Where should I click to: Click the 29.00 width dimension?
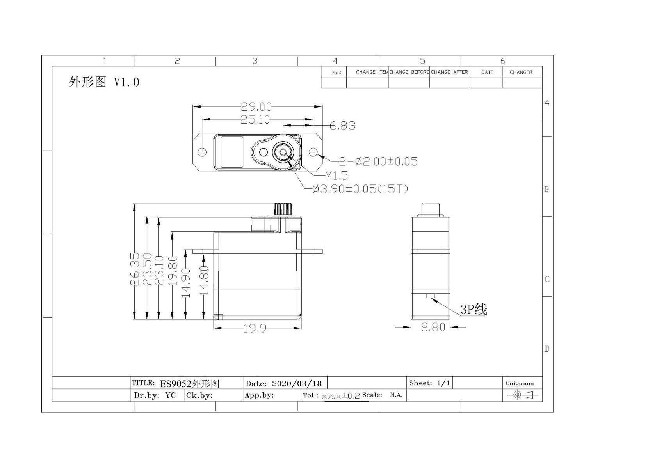(x=256, y=106)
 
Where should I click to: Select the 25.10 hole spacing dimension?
(x=255, y=120)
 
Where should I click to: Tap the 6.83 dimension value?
(x=342, y=126)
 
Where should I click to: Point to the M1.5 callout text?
(x=336, y=175)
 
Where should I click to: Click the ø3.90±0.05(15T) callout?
(x=360, y=189)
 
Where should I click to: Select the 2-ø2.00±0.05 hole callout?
(x=378, y=161)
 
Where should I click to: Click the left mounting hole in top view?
(x=202, y=152)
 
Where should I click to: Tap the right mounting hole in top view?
(x=314, y=152)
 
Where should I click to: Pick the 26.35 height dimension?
(x=135, y=269)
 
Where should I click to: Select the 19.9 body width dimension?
(x=255, y=329)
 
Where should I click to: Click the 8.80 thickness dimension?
(x=433, y=327)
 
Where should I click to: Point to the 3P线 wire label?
(x=474, y=310)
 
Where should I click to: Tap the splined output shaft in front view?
(x=283, y=209)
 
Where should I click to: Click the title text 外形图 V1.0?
(x=104, y=82)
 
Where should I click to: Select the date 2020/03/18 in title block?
(x=297, y=383)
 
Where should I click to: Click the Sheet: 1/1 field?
(x=429, y=383)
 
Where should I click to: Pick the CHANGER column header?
(x=521, y=72)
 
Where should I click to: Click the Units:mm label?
(x=519, y=383)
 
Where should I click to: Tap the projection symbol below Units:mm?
(x=523, y=395)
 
